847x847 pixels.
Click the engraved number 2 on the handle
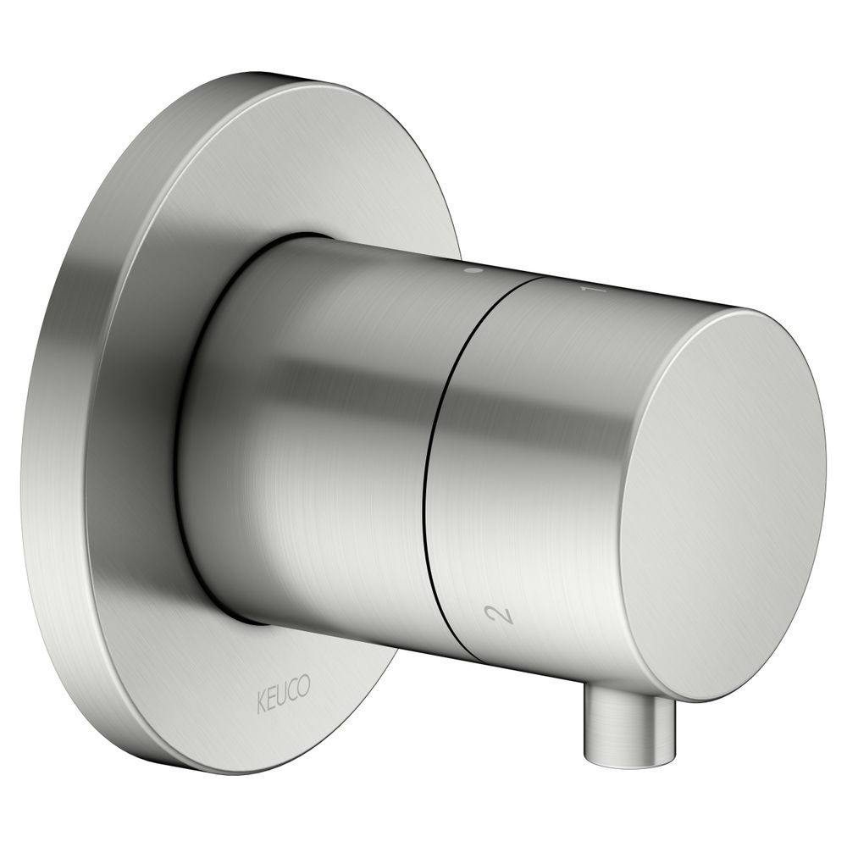pyautogui.click(x=500, y=615)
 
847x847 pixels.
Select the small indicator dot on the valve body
pyautogui.click(x=473, y=269)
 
